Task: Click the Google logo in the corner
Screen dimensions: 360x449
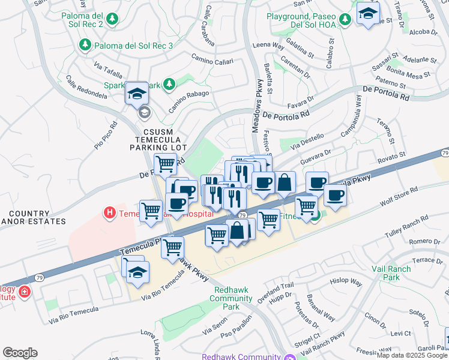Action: click(20, 353)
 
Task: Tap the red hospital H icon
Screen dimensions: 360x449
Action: click(109, 212)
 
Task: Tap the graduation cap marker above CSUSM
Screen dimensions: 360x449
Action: click(137, 94)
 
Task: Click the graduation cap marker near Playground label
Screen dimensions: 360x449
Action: click(368, 13)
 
